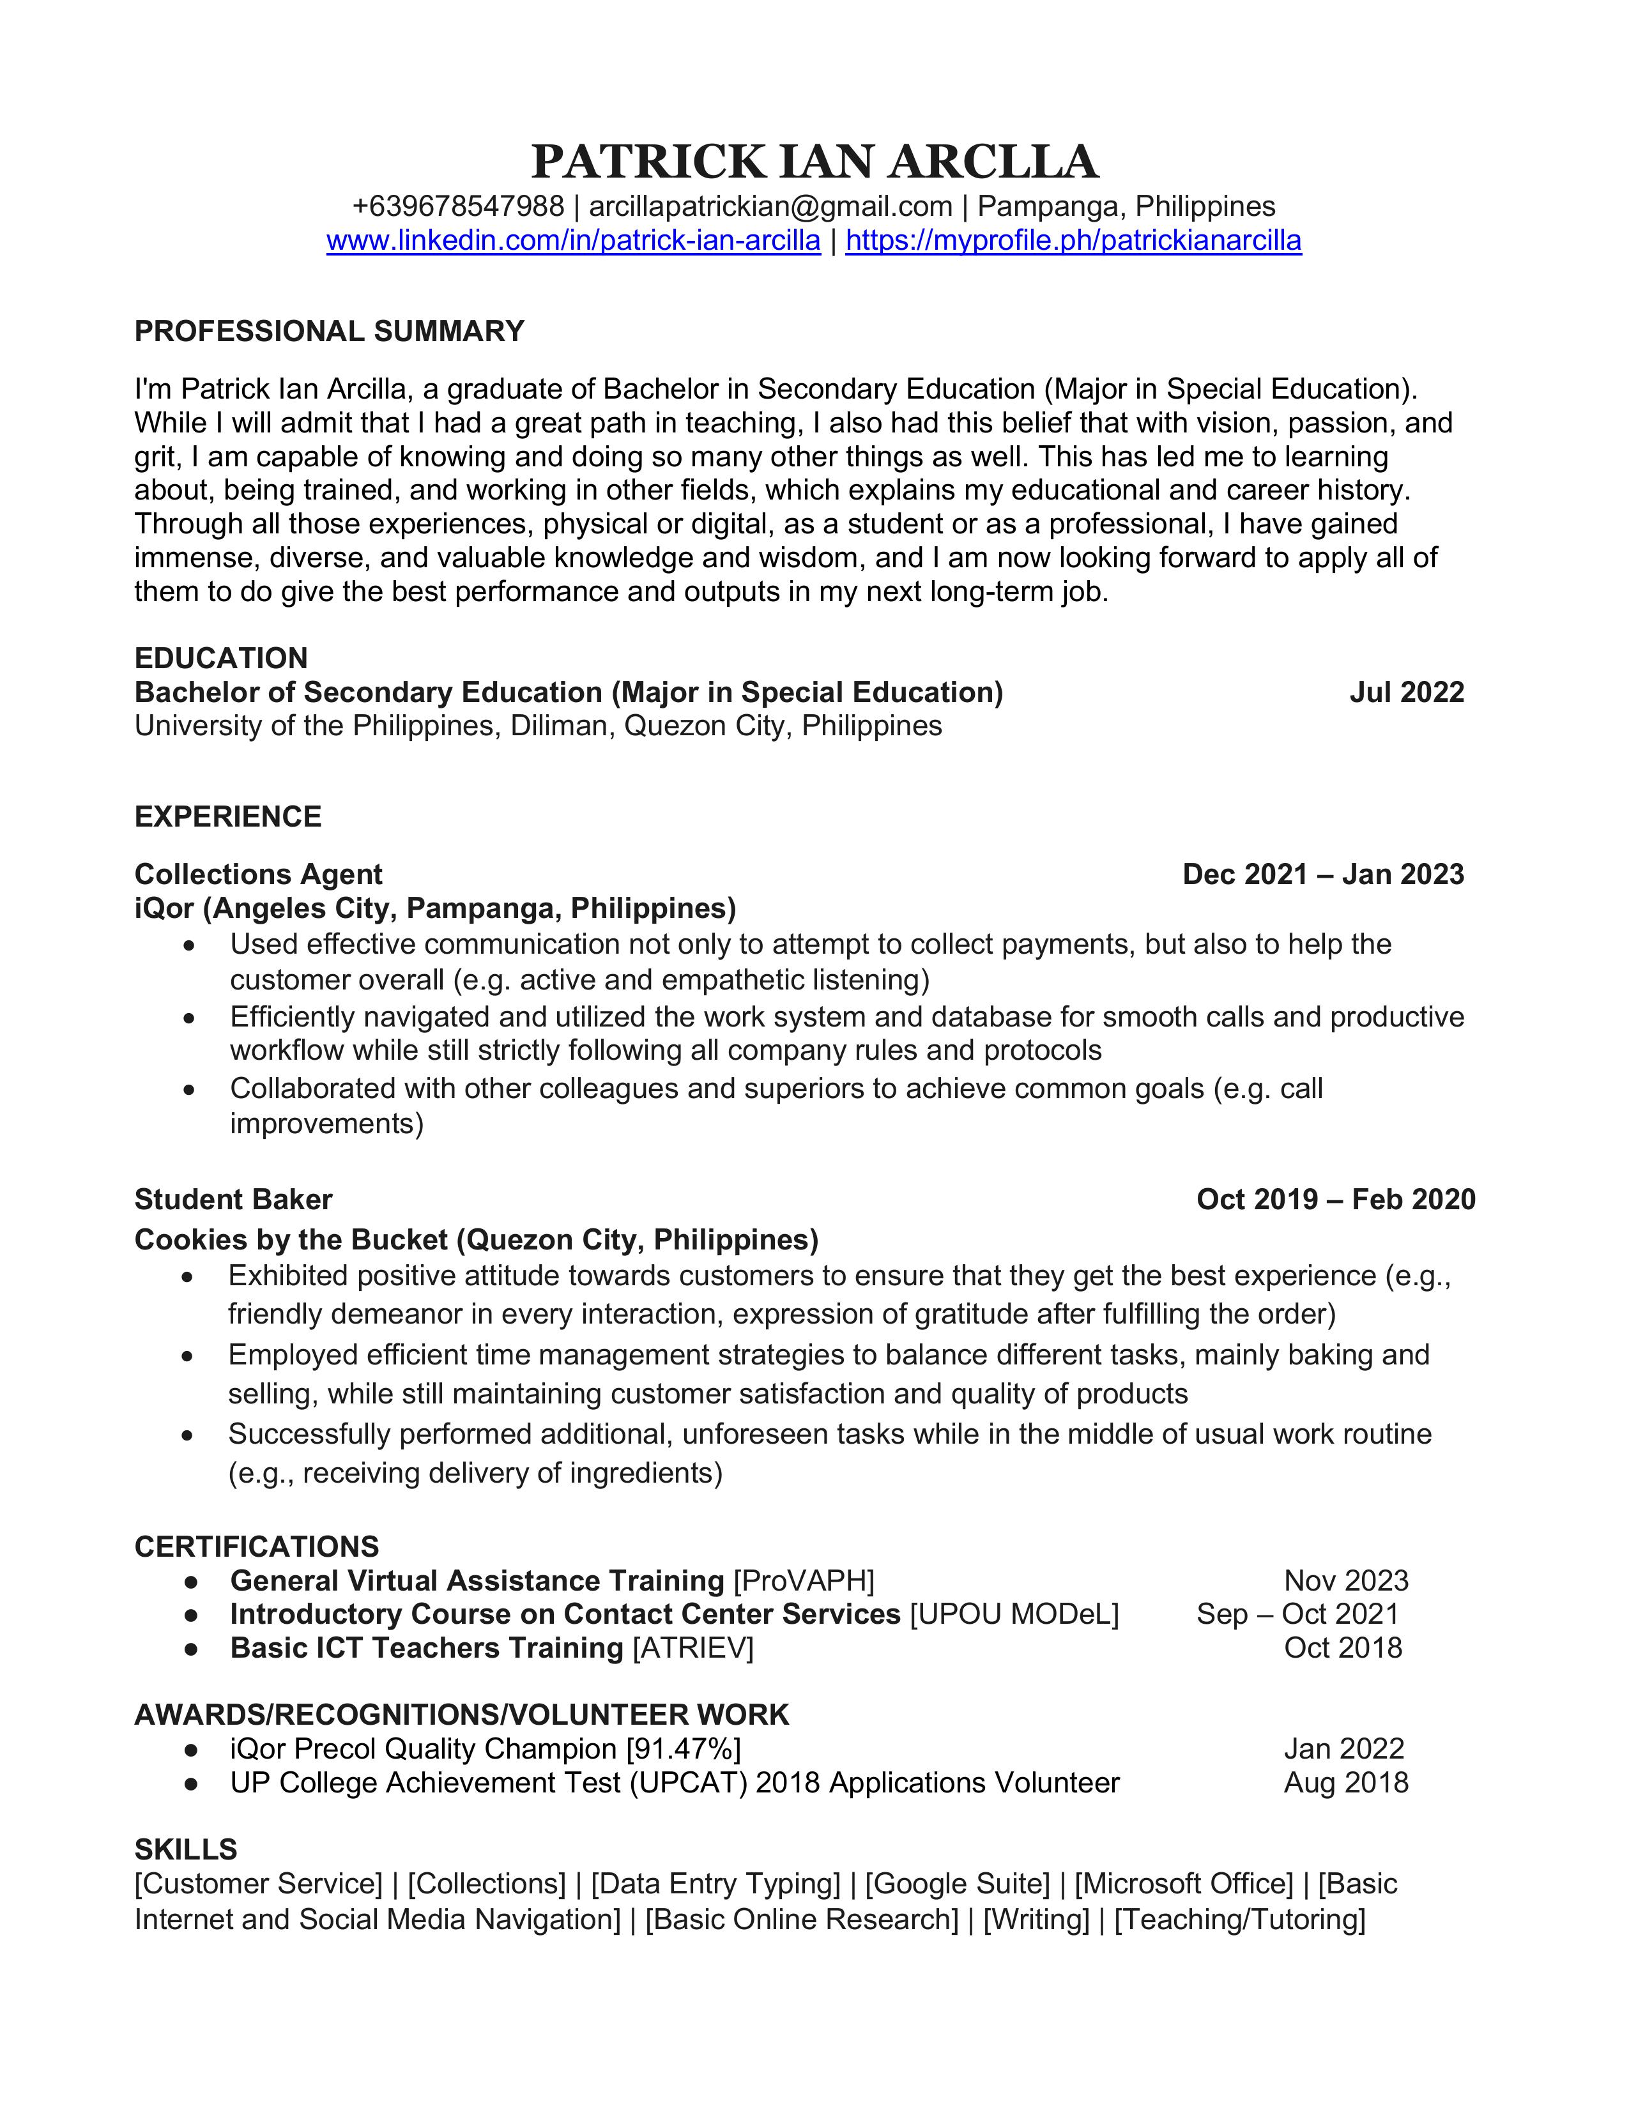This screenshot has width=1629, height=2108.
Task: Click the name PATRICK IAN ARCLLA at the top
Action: coord(814,162)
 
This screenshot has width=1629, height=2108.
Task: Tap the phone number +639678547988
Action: coord(457,206)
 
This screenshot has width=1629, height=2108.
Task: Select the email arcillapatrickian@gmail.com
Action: coord(770,206)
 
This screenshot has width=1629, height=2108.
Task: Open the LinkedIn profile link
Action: coord(573,240)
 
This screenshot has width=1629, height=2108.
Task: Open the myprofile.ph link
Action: coord(1073,240)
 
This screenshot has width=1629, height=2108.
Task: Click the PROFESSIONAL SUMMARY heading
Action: coord(329,331)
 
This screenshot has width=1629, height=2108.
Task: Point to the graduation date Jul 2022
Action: coord(1406,692)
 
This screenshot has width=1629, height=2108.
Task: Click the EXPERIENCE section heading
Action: coord(228,816)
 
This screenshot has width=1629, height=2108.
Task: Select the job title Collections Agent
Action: coord(259,875)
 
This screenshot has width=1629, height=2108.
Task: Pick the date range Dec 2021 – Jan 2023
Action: coord(1323,875)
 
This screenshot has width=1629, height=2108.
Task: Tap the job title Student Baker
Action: coord(234,1200)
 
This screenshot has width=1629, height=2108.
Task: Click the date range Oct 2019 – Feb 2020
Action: coord(1336,1200)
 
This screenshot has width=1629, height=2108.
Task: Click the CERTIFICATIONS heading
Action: coord(257,1547)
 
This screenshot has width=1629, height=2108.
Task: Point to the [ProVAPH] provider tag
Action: coord(804,1581)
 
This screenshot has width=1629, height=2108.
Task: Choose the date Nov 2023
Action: coord(1346,1581)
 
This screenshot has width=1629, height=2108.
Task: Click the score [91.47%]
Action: coord(684,1749)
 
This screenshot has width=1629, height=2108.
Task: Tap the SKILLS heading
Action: coord(185,1849)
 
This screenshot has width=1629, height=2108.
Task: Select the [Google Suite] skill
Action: coord(958,1884)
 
